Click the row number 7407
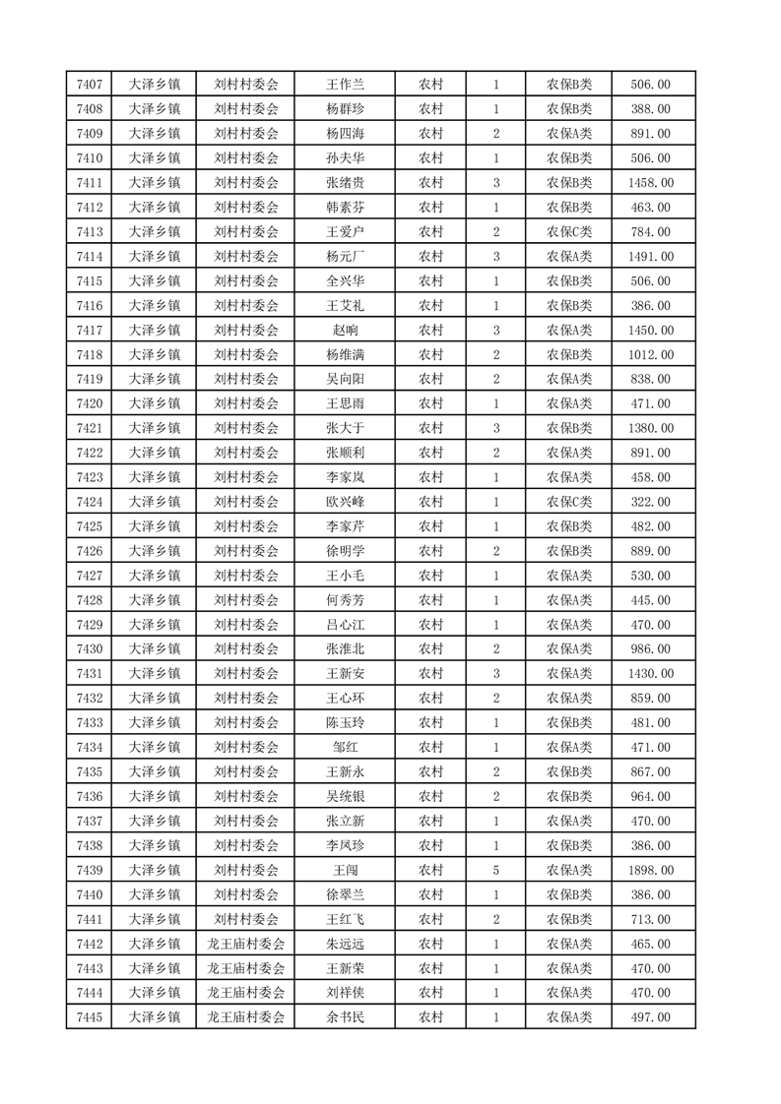coord(89,85)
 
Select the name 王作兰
coord(345,85)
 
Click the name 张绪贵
coord(345,183)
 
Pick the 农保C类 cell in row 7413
coord(569,232)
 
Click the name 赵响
coord(345,331)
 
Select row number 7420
coord(89,403)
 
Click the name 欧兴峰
coord(345,502)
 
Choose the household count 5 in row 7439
coord(495,870)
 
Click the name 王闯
coord(345,870)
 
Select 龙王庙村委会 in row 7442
coord(246,944)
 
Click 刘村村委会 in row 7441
coord(246,919)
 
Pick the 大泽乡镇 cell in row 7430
coord(155,649)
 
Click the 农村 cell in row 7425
coord(430,526)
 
